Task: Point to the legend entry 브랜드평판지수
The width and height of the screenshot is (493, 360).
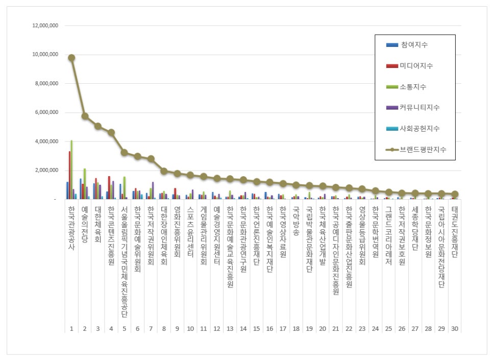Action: click(423, 150)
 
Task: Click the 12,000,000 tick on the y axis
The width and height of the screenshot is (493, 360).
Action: click(45, 26)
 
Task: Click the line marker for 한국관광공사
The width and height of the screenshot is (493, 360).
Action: click(71, 58)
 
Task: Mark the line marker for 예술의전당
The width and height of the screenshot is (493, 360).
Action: click(85, 116)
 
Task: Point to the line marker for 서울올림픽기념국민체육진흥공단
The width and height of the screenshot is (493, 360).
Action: click(124, 152)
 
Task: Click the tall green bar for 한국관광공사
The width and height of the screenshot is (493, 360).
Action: click(71, 169)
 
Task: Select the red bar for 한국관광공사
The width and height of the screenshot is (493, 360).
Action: click(69, 175)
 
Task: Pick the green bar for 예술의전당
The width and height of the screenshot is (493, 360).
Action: click(85, 183)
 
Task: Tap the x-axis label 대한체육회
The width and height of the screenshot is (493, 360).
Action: click(98, 224)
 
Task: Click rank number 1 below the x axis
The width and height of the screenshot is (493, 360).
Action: click(71, 328)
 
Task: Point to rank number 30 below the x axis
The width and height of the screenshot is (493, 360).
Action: click(454, 328)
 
